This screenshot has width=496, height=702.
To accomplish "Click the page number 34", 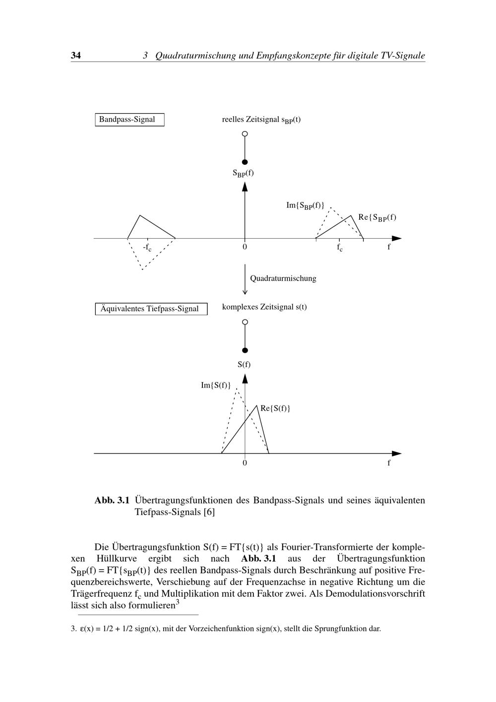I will click(76, 56).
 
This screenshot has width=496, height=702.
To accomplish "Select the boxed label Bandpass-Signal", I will click(129, 120).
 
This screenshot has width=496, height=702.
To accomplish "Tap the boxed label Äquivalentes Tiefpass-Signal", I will click(151, 309).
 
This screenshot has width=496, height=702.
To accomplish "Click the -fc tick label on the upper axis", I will click(147, 247).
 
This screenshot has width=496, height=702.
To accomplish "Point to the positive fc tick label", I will click(340, 247).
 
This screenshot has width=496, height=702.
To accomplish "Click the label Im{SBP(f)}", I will click(305, 205).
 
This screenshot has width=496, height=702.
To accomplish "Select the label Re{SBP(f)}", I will click(377, 217).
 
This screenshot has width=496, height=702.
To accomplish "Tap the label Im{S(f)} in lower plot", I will click(216, 385).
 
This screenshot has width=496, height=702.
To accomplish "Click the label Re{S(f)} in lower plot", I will click(275, 408).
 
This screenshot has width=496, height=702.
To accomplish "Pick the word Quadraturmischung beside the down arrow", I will click(283, 278).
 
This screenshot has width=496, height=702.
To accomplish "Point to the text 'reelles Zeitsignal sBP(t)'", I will click(261, 120).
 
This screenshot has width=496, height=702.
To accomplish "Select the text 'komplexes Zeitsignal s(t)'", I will click(264, 307).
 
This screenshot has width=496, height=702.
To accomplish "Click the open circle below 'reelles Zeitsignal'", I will click(245, 133).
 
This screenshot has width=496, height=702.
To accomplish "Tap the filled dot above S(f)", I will click(245, 350).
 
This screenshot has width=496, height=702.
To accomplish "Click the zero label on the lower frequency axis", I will click(245, 463).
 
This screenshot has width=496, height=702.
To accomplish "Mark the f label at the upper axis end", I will click(389, 247).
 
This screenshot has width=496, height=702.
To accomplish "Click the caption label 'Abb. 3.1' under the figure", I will click(112, 500).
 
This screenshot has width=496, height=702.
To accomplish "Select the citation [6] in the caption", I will click(209, 512).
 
